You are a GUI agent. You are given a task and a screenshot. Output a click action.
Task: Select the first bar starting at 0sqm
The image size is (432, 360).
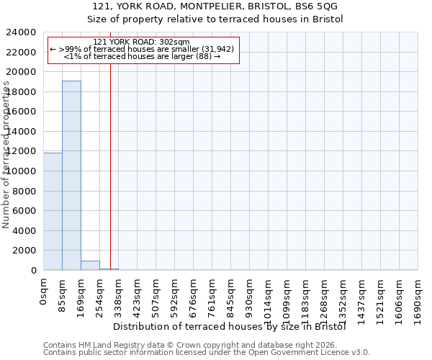tap(53, 211)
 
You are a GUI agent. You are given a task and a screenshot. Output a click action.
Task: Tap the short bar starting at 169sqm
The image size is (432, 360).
tap(90, 265)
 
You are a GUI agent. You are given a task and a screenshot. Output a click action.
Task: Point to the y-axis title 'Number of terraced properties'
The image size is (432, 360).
tap(6, 155)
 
